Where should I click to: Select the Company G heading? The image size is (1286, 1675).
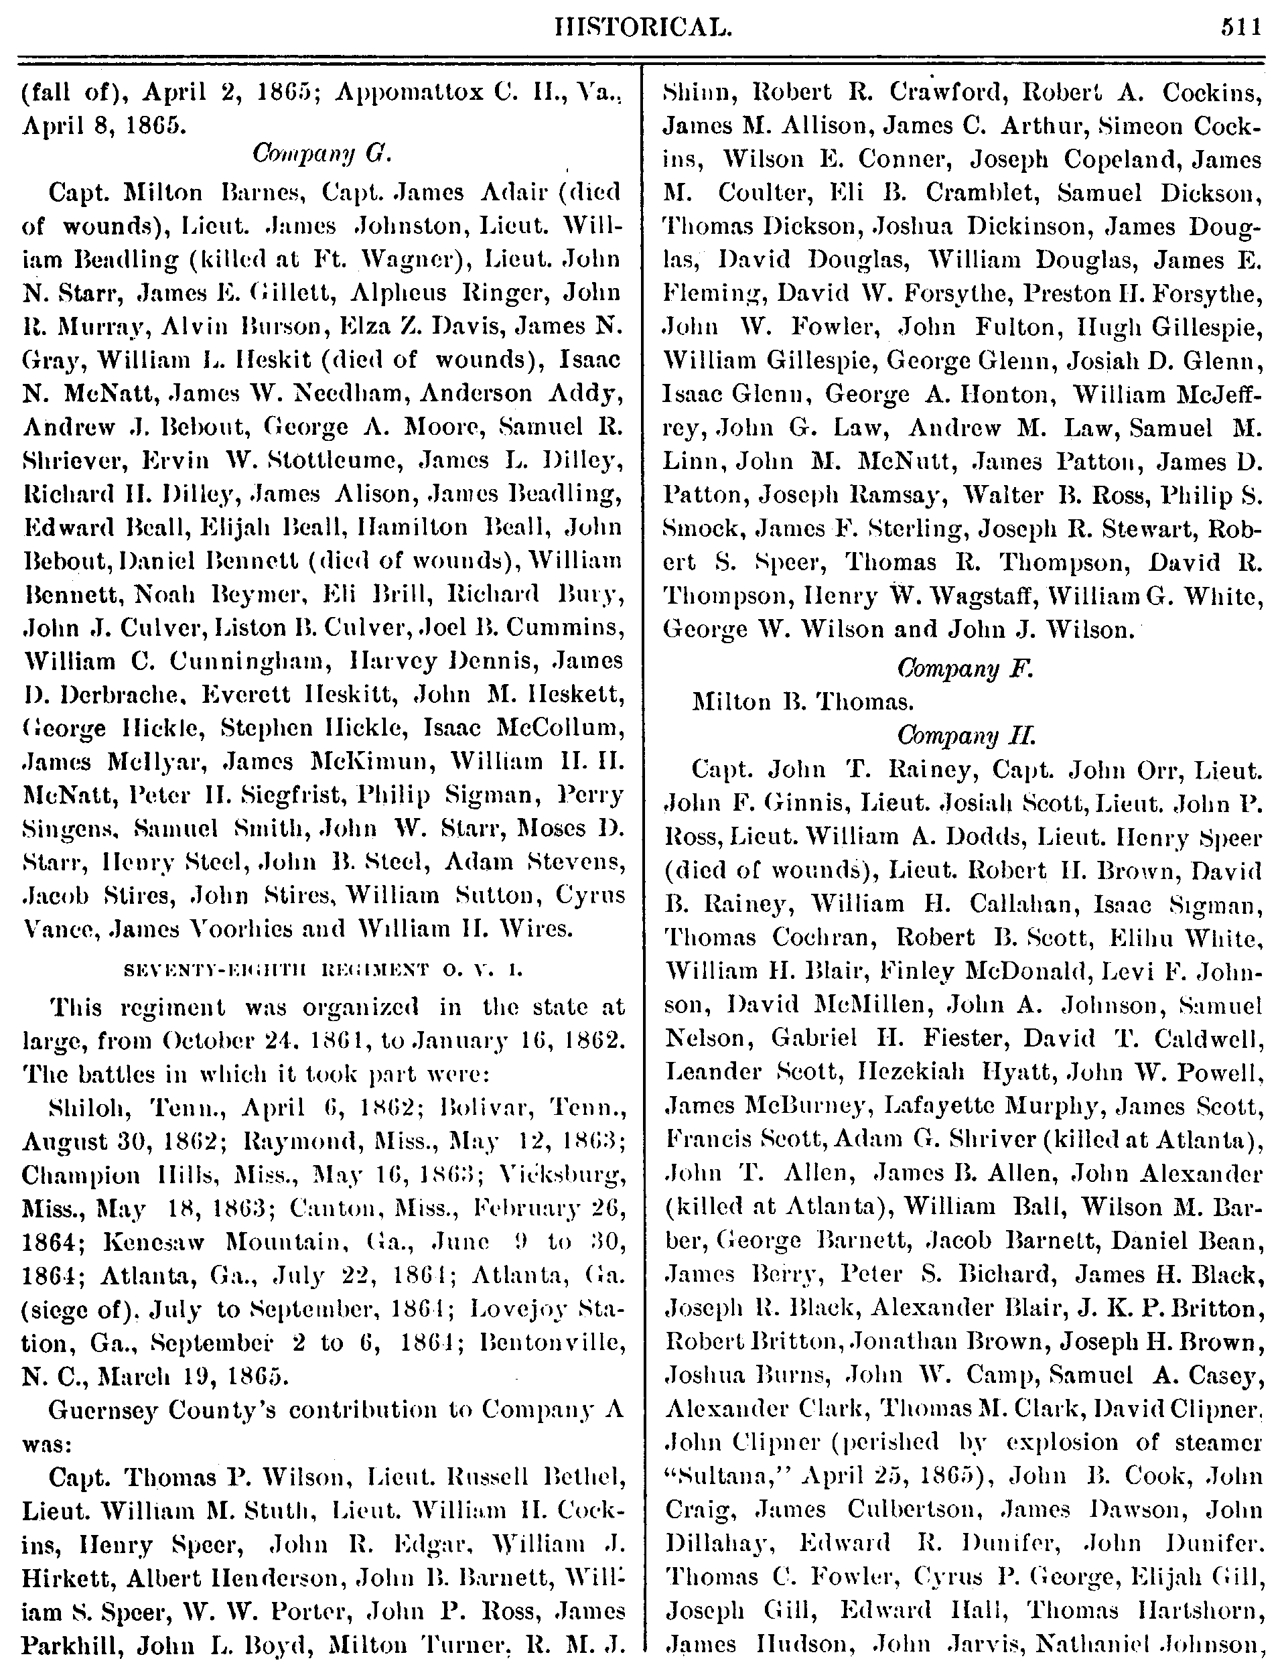(321, 155)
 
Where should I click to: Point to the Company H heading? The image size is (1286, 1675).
(965, 736)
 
